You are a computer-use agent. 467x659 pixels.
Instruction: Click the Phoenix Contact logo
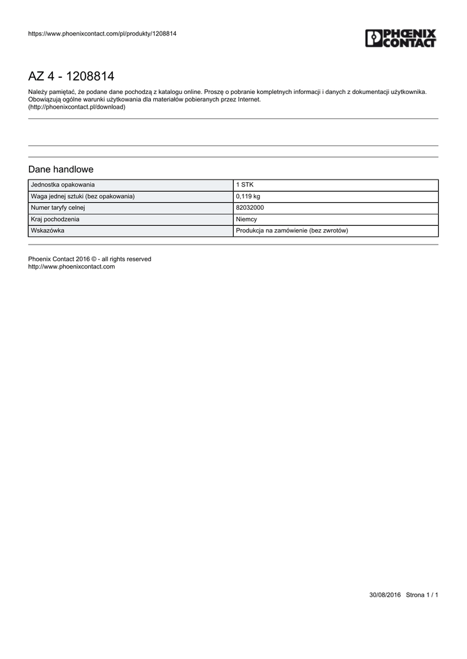[401, 38]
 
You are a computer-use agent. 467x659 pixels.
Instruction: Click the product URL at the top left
[102, 33]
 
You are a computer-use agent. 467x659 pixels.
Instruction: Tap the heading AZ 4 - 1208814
[71, 77]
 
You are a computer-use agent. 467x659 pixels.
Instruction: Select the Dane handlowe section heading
[61, 169]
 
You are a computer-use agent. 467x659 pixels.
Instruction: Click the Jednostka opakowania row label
[62, 185]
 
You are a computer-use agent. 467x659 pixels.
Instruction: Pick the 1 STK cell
[245, 185]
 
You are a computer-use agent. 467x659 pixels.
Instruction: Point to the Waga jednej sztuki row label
[82, 196]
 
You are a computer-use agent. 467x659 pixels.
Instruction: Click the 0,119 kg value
[248, 196]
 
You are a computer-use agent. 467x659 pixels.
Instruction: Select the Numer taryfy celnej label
[58, 208]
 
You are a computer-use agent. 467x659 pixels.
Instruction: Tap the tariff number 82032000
[250, 208]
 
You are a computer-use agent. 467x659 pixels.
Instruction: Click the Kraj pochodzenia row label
[55, 219]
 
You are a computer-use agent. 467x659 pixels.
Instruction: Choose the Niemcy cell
[247, 219]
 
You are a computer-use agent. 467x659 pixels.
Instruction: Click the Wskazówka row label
[47, 230]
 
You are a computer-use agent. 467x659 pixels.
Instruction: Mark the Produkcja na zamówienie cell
[292, 230]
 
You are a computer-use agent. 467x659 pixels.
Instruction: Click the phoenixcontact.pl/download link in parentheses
[77, 107]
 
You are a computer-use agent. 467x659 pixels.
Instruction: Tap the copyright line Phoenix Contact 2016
[90, 259]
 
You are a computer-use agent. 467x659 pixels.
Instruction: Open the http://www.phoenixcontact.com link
[71, 266]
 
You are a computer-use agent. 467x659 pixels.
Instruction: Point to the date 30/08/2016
[385, 595]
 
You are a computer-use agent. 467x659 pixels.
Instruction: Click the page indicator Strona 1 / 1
[422, 595]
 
